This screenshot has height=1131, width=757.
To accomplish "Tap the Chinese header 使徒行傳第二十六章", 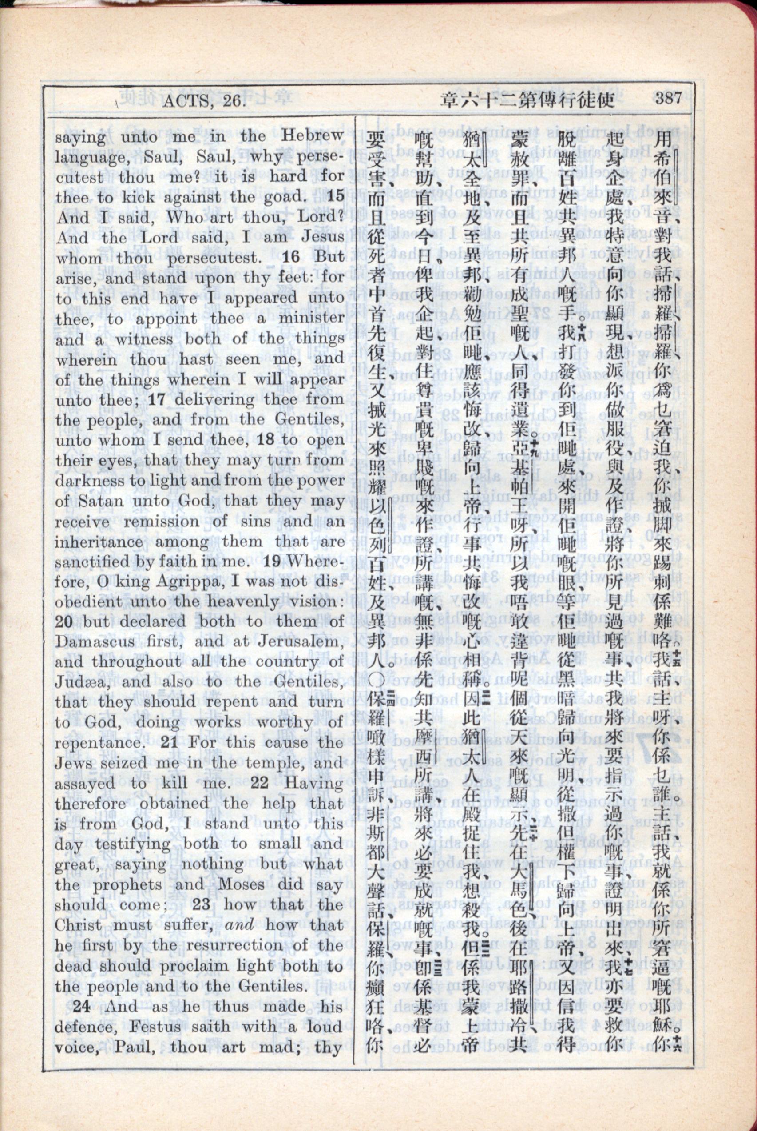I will point(527,100).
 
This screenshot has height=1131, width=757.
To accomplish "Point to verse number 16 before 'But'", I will point(292,257).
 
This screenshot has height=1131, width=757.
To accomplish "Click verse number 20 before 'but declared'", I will point(63,622).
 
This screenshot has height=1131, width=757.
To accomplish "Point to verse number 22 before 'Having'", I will point(259,783).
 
